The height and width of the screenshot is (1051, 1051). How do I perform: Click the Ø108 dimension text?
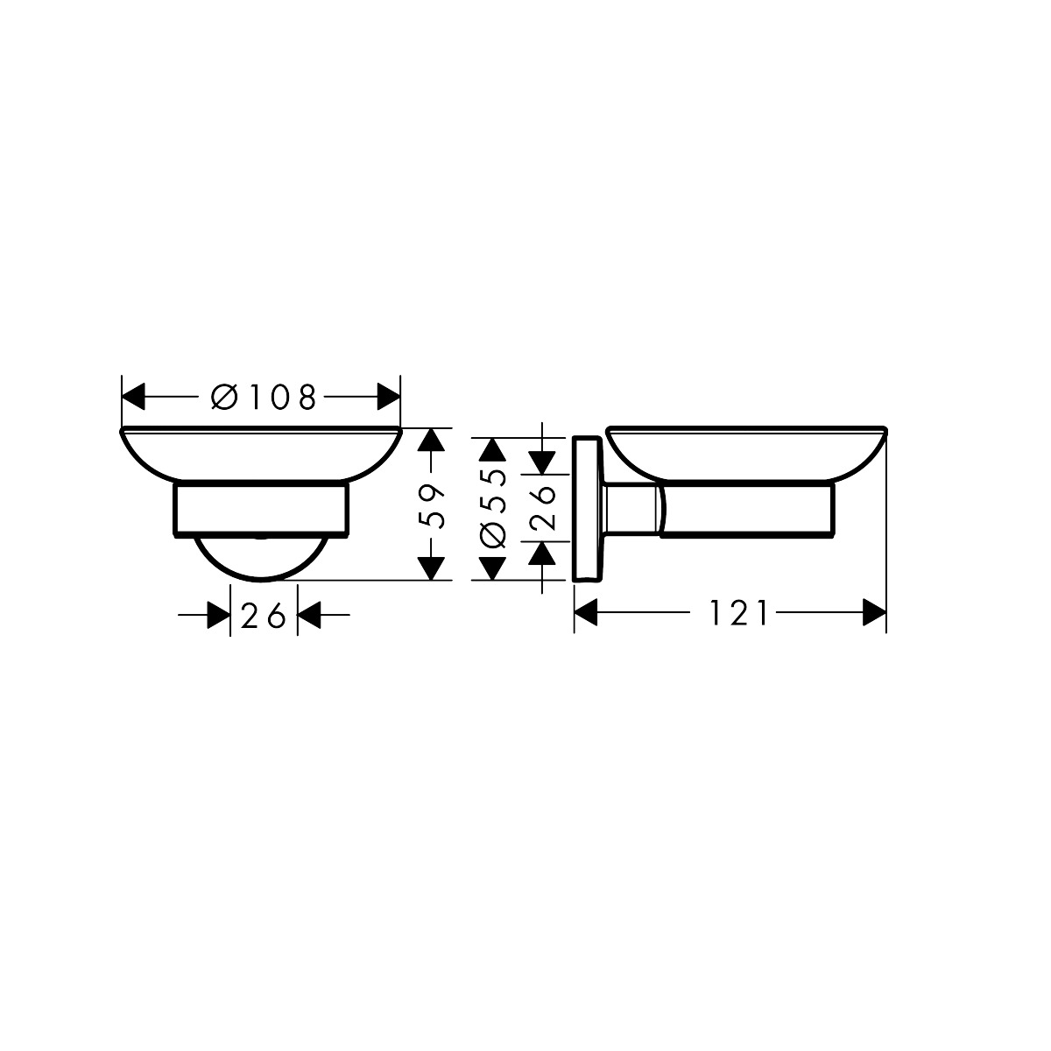(263, 398)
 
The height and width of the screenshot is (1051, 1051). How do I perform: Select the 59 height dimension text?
(428, 508)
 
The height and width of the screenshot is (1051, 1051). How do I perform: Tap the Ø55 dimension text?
(494, 508)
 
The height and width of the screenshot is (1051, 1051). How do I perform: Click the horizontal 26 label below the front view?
(264, 617)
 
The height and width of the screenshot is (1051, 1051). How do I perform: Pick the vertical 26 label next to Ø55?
(543, 508)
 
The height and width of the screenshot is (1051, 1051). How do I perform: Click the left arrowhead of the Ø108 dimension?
(132, 397)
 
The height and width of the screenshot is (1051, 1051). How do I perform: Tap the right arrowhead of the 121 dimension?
(874, 612)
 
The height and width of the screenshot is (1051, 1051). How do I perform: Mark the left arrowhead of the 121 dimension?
(586, 612)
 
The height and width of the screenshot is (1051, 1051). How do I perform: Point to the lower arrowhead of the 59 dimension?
(428, 568)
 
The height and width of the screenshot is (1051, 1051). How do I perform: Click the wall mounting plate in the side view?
(584, 508)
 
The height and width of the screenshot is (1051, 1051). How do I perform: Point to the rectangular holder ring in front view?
(263, 508)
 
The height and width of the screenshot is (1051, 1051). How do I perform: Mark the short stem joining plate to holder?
(629, 508)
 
